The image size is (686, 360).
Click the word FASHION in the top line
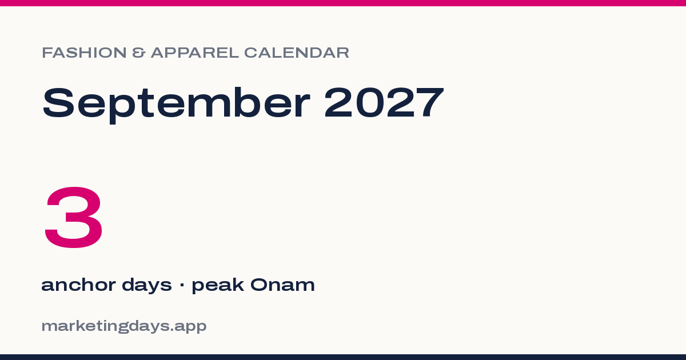click(x=84, y=53)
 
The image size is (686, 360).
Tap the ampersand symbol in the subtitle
click(x=138, y=53)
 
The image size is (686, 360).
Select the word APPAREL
click(x=195, y=53)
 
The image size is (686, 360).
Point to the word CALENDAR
click(x=297, y=53)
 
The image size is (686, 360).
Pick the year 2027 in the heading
click(x=384, y=102)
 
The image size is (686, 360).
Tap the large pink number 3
click(x=74, y=217)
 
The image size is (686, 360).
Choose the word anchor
click(x=78, y=285)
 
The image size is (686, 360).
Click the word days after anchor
click(x=147, y=285)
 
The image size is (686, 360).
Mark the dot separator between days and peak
click(x=182, y=285)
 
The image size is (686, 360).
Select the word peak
click(x=218, y=285)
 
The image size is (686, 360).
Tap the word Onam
click(x=282, y=285)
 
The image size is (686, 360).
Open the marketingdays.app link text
click(x=124, y=326)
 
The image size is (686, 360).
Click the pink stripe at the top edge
click(x=343, y=3)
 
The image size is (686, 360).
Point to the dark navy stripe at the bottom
click(x=343, y=357)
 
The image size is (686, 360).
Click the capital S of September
click(x=58, y=102)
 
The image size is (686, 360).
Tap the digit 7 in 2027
click(x=430, y=102)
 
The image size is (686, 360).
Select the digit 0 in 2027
click(x=370, y=102)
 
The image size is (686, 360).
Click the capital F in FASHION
click(x=47, y=53)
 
